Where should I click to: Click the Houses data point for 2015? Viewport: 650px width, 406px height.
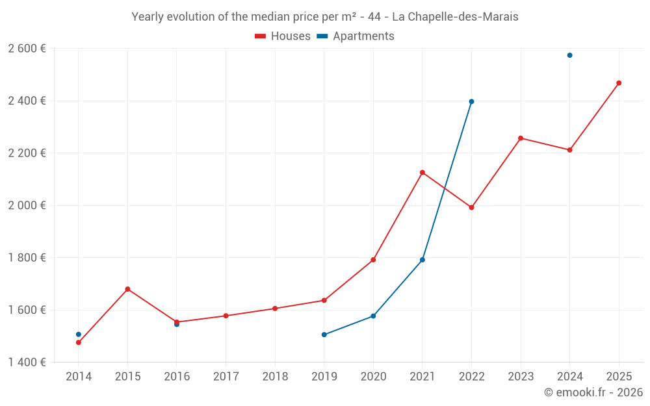coord(127,289)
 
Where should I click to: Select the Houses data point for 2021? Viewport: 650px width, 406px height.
coord(422,172)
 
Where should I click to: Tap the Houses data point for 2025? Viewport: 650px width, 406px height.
coord(619,83)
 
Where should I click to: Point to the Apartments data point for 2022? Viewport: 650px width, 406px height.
coord(471,101)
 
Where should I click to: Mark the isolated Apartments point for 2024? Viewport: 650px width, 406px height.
coord(569,55)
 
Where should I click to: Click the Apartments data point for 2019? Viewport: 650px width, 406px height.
coord(324,335)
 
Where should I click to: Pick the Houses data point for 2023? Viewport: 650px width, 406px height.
coord(521,138)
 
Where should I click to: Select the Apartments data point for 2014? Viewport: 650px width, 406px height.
coord(79,335)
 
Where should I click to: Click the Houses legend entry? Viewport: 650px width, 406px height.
coord(283,36)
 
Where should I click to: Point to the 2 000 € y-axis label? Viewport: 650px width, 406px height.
coord(27,205)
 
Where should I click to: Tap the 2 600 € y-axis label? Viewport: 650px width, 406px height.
coord(27,49)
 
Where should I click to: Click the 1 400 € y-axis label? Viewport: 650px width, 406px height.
coord(27,362)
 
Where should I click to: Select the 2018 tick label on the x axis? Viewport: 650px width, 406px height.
coord(275,376)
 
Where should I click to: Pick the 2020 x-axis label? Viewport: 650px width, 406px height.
coord(373,376)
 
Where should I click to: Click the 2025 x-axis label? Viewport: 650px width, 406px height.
coord(619,376)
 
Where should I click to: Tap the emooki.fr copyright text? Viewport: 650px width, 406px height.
coord(593,392)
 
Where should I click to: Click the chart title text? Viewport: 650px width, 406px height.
coord(325,17)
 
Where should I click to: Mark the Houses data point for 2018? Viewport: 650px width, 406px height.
coord(275,309)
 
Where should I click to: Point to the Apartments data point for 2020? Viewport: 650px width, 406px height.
coord(373,316)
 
